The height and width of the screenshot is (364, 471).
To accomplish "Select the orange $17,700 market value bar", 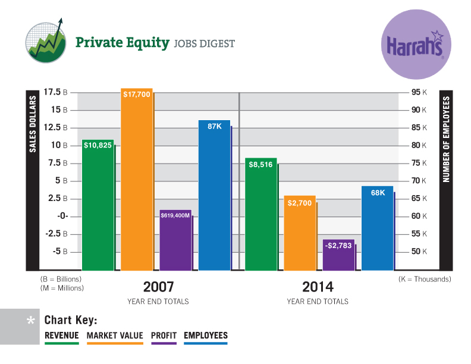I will click(x=137, y=178).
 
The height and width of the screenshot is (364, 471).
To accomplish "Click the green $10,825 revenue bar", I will click(x=98, y=205).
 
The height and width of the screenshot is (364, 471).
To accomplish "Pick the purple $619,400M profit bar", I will click(x=175, y=240).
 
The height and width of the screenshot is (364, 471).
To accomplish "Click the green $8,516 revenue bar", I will click(x=261, y=214).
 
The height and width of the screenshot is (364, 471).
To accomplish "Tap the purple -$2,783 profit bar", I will click(x=338, y=255).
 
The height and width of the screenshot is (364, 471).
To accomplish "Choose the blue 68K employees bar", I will click(x=377, y=228).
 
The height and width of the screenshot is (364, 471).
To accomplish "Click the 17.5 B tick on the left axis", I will click(x=55, y=92).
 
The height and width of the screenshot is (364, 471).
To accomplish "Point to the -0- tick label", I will click(x=62, y=216).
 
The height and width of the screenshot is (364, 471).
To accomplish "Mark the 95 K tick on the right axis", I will click(x=420, y=92).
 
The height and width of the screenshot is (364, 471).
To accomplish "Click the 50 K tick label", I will click(x=420, y=252).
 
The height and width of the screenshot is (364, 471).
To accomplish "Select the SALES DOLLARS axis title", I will click(x=33, y=125).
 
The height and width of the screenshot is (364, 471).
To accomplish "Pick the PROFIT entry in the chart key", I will click(x=164, y=335).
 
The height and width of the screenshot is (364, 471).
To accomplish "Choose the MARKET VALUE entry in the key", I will click(x=115, y=335).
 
